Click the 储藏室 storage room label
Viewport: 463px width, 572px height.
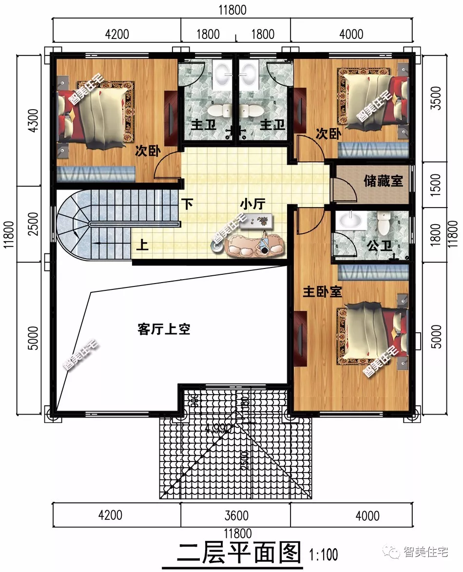click(383, 181)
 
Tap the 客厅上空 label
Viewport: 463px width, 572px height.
click(164, 329)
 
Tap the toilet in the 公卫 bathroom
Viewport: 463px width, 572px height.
click(384, 223)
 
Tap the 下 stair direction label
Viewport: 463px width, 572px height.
click(187, 203)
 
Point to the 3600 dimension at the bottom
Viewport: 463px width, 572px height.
click(236, 515)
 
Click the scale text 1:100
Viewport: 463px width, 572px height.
click(324, 554)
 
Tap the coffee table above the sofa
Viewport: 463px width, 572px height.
click(256, 221)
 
